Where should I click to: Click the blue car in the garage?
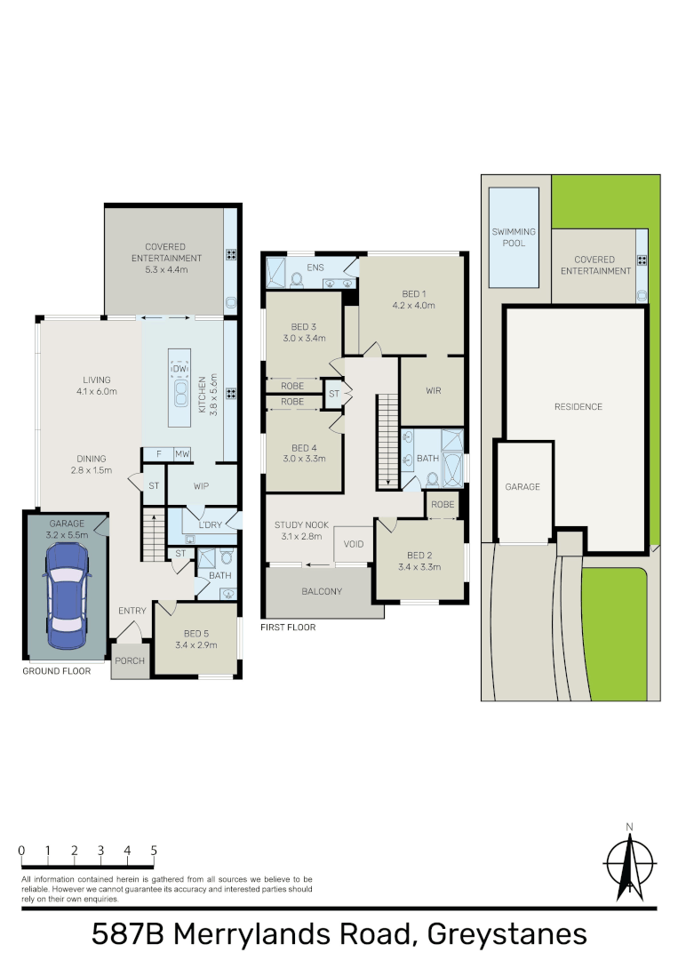66,595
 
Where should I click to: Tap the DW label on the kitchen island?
179,368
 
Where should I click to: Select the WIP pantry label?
202,486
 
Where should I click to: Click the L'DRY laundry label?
210,524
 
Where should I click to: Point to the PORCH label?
131,660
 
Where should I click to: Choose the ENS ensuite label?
315,267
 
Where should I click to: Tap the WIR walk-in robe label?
434,390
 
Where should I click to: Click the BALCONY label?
322,591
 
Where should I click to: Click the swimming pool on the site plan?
514,236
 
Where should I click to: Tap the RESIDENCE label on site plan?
578,406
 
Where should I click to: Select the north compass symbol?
629,863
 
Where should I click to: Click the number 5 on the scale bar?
154,851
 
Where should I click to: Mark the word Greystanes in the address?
507,934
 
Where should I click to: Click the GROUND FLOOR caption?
57,671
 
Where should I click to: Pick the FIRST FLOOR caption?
288,627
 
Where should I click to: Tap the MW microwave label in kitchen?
181,453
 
